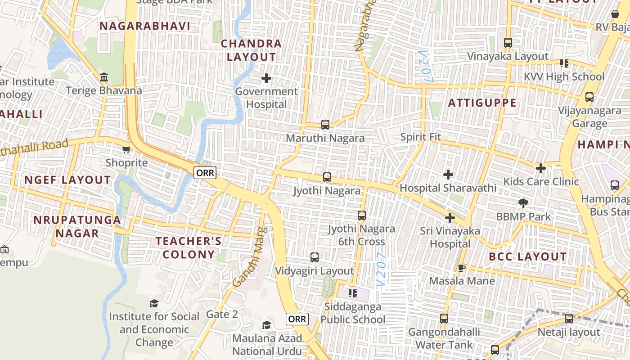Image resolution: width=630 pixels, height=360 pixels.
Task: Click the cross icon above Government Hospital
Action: click(266, 79)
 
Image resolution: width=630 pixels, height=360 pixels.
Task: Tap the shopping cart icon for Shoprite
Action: click(126, 149)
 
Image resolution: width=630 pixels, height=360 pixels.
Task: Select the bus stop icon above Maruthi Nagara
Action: click(325, 125)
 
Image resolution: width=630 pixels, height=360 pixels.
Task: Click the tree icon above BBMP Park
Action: click(523, 203)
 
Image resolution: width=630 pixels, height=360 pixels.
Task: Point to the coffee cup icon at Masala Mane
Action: click(461, 268)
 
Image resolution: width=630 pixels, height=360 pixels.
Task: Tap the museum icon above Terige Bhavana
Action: click(104, 77)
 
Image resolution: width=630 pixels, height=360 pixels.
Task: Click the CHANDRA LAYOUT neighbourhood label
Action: click(251, 50)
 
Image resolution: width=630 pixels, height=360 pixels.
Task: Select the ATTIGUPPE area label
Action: click(482, 103)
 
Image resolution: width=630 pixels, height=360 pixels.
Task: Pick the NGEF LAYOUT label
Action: click(67, 180)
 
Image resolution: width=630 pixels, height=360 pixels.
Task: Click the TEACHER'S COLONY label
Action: click(189, 247)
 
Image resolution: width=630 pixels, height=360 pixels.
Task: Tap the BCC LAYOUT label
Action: click(528, 257)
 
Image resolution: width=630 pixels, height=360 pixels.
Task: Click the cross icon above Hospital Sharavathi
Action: click(448, 175)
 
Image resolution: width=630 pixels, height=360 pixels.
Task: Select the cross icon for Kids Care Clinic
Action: click(541, 168)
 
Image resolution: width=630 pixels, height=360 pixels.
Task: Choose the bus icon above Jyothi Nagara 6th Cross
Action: click(362, 216)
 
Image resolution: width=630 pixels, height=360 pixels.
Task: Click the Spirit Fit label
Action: click(420, 137)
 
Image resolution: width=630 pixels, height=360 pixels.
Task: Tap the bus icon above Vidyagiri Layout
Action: click(315, 257)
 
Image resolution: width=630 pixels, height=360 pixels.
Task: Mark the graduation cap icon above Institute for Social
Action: click(154, 303)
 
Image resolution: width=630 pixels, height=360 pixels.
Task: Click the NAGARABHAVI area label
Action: click(145, 26)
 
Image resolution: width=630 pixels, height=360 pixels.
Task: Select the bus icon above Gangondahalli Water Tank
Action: click(444, 319)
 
